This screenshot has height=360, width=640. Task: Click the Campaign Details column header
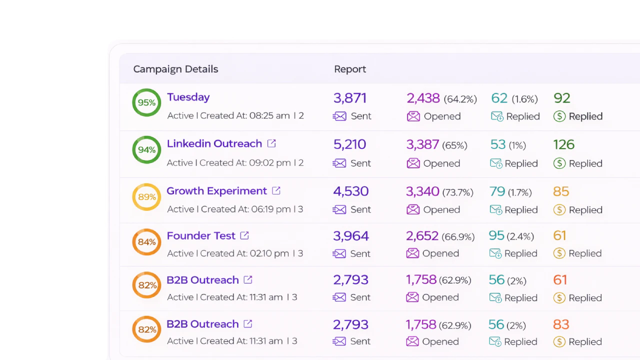point(175,69)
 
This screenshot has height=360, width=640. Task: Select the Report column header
point(350,69)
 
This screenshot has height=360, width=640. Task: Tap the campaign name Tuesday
point(188,97)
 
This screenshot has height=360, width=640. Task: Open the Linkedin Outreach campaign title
point(214,143)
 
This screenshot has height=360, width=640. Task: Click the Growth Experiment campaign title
point(216,191)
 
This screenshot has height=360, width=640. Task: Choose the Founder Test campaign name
point(200,235)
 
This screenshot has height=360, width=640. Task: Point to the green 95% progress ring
point(146,102)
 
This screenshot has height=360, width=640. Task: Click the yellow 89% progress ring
point(146,197)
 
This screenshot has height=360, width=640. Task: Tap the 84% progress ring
point(146,242)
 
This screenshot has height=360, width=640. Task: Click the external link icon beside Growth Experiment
point(276,190)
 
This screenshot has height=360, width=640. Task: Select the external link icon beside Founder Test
point(244,235)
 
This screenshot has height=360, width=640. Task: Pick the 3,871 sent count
point(350,98)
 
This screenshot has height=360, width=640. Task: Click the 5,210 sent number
point(349,144)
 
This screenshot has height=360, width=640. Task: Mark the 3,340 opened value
point(422,191)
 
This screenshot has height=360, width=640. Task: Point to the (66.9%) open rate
point(458,236)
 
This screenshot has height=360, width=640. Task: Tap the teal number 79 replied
point(497,191)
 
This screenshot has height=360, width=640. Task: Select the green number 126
point(563,144)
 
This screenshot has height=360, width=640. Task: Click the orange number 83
point(561,324)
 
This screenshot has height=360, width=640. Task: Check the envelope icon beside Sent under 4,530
point(339,210)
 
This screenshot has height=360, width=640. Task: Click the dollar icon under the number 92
point(559,116)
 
